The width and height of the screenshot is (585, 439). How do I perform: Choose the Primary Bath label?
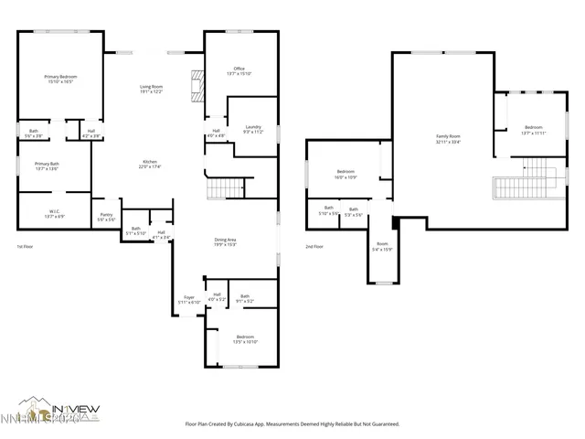pyautogui.click(x=48, y=166)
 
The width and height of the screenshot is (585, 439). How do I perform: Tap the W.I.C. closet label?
pyautogui.click(x=54, y=213)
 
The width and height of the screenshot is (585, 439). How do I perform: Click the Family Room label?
pyautogui.click(x=448, y=138)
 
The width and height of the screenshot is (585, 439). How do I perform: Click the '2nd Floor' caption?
pyautogui.click(x=315, y=247)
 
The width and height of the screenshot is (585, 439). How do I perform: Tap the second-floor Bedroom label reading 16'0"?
pyautogui.click(x=346, y=174)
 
